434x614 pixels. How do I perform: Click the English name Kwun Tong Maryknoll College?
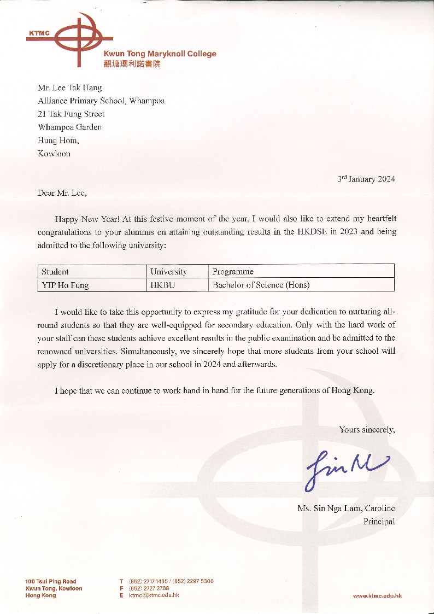160,54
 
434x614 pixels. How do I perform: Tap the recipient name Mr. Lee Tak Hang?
69,87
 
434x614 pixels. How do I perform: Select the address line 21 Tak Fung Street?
71,114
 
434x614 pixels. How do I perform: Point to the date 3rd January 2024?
366,179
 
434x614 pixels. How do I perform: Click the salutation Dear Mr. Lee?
62,192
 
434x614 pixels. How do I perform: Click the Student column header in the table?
55,271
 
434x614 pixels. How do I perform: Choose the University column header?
169,271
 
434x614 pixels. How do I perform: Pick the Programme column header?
233,271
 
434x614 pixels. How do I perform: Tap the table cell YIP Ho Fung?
65,285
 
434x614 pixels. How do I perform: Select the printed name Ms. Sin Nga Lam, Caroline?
346,508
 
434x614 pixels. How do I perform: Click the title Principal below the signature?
379,522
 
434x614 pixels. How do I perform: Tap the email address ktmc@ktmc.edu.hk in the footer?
154,595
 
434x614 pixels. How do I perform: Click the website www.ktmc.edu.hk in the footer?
377,595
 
